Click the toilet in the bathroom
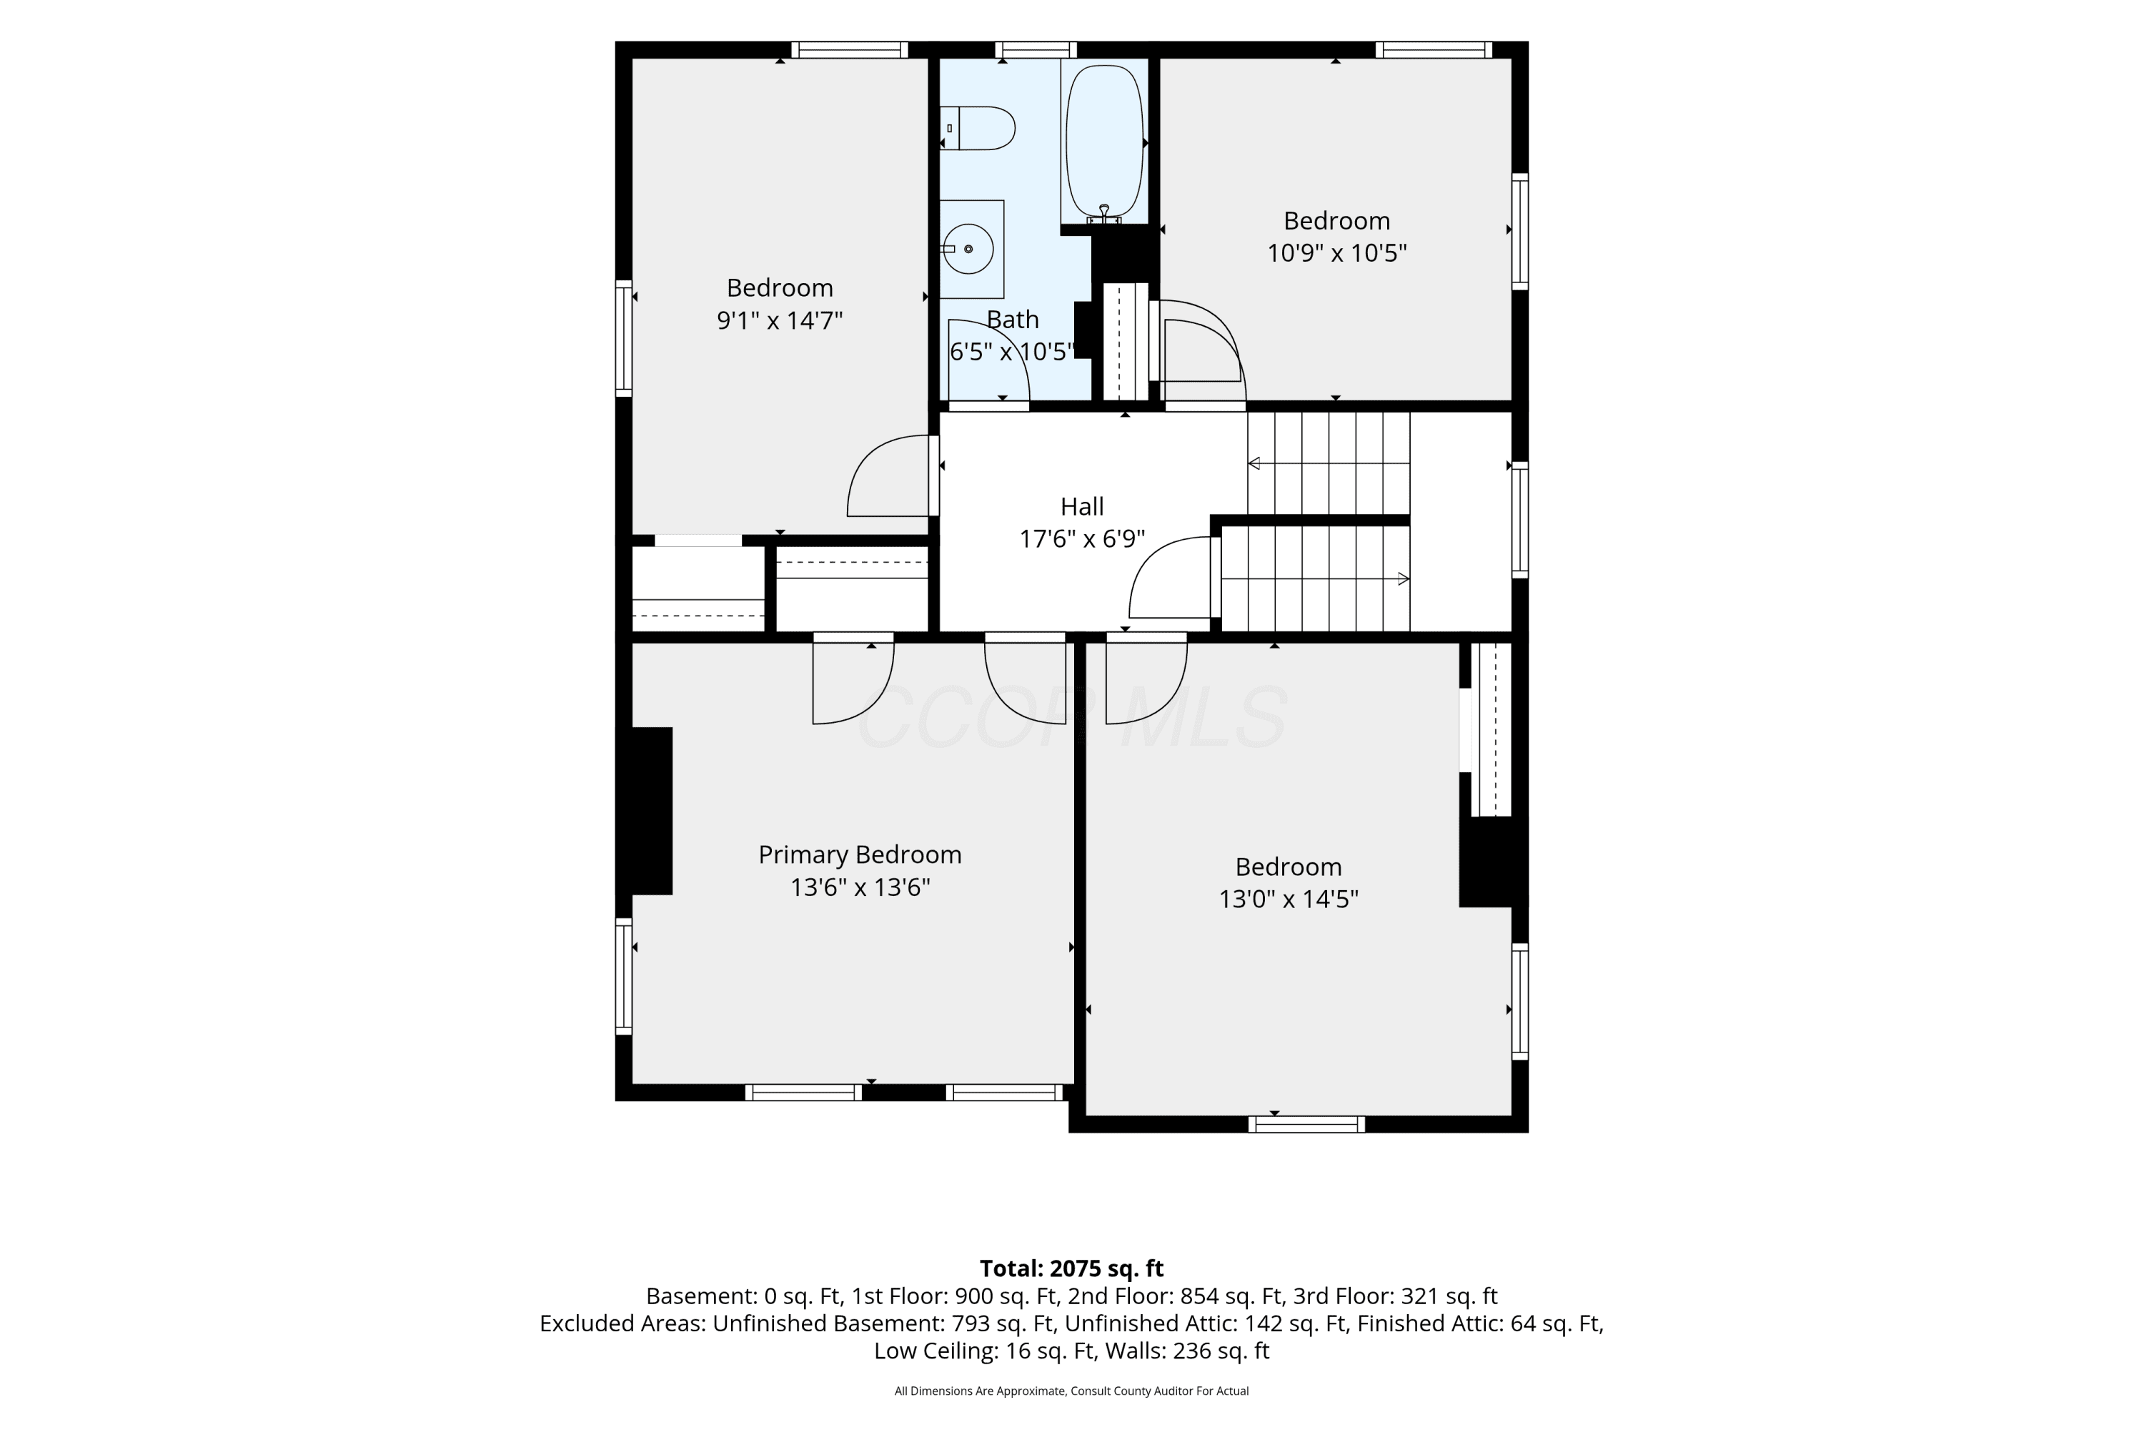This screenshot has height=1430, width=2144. pos(978,128)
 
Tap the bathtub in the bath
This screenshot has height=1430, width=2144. pos(1104,142)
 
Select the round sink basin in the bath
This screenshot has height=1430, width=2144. pos(968,249)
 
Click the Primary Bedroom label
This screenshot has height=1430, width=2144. pos(860,854)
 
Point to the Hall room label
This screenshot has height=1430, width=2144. pos(1082,506)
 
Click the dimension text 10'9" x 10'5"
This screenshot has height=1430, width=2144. pos(1336,252)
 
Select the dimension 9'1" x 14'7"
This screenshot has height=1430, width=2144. pos(780,320)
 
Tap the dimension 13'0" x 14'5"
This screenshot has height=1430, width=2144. pos(1288,899)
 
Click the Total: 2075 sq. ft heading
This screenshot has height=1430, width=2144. pos(1071,1268)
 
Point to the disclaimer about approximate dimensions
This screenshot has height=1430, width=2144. pos(1071,1391)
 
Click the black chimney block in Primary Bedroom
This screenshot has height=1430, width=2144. pos(652,811)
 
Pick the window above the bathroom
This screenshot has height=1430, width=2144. pos(1036,50)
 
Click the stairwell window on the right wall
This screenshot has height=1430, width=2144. pos(1519,520)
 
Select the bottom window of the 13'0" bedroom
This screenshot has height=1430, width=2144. pos(1306,1125)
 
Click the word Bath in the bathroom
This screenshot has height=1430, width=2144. pos(1013,320)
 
